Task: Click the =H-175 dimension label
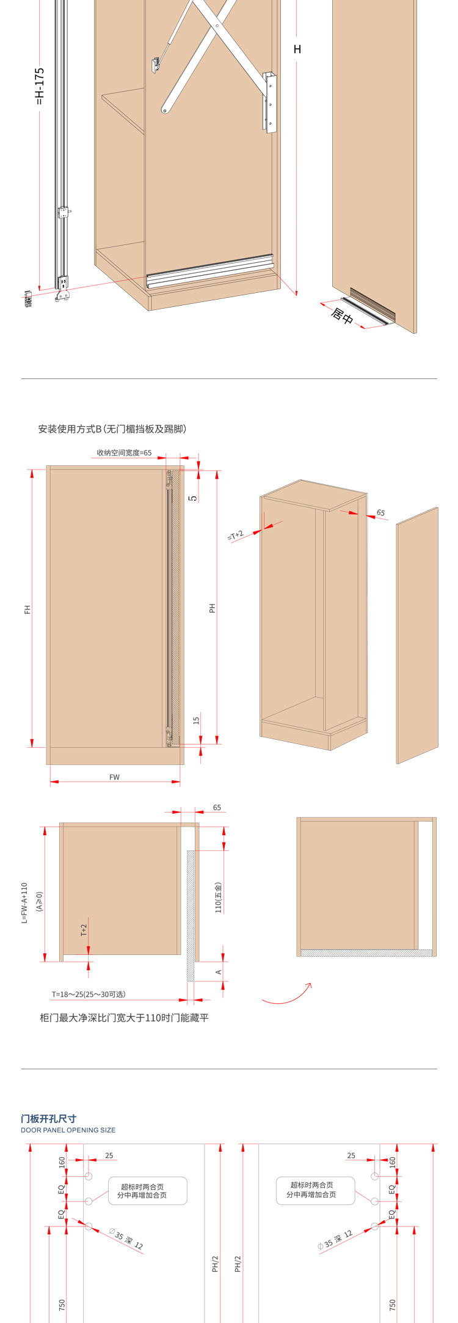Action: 40,86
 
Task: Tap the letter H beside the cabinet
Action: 297,50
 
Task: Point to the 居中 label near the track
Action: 342,317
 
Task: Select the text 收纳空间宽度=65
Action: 124,454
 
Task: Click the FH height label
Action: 27,610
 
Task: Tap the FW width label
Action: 115,778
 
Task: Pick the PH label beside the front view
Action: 213,608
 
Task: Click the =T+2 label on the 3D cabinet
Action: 236,536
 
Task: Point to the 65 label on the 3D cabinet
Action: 381,513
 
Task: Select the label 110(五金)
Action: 219,897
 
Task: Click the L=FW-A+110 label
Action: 24,902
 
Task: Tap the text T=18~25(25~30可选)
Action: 89,994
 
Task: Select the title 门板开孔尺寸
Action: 49,1119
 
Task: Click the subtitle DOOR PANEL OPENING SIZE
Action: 68,1130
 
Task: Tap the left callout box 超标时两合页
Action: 148,1191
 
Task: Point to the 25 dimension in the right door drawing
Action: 351,1155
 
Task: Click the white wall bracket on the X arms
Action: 271,102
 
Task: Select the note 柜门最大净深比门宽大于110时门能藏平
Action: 124,1018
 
